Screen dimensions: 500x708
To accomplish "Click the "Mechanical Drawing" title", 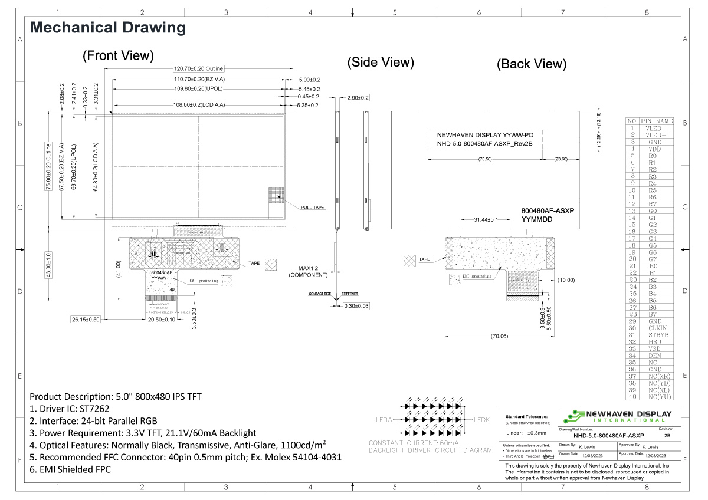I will point(108,28).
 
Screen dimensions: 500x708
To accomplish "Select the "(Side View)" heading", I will point(381,63).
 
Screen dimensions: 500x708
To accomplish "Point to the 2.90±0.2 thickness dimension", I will point(358,98).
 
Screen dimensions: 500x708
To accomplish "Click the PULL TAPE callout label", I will point(313,208).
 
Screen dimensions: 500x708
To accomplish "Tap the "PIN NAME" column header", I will point(657,121).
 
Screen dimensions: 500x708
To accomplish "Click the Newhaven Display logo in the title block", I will point(617,416).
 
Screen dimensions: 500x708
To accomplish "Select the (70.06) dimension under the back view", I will point(499,337).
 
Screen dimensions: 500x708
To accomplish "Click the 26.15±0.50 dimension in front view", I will point(86,320).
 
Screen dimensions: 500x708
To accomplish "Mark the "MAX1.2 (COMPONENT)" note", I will point(307,271).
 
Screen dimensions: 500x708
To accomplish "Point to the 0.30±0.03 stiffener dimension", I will point(357,306).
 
